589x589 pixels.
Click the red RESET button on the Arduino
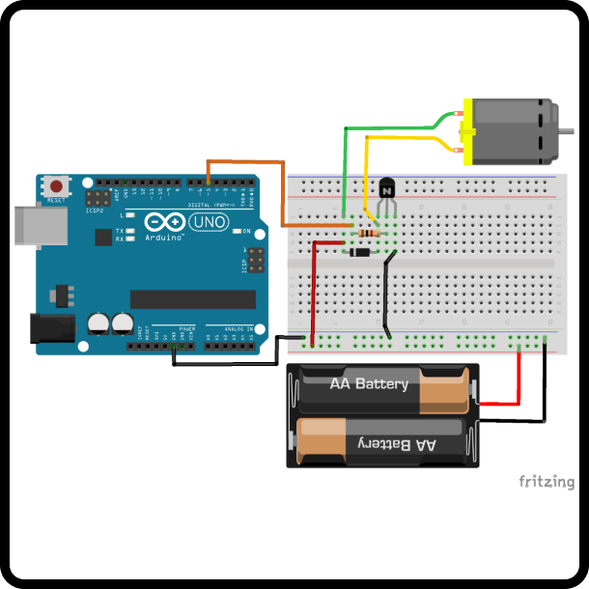coord(57,185)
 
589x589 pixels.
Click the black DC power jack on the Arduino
coord(50,328)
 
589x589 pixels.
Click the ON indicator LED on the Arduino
coord(236,232)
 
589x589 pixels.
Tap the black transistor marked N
coord(387,190)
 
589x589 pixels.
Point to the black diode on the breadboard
coord(360,253)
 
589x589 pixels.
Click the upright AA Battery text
coord(369,384)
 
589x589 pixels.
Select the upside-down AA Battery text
coord(398,443)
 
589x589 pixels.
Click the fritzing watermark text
coord(547,482)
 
